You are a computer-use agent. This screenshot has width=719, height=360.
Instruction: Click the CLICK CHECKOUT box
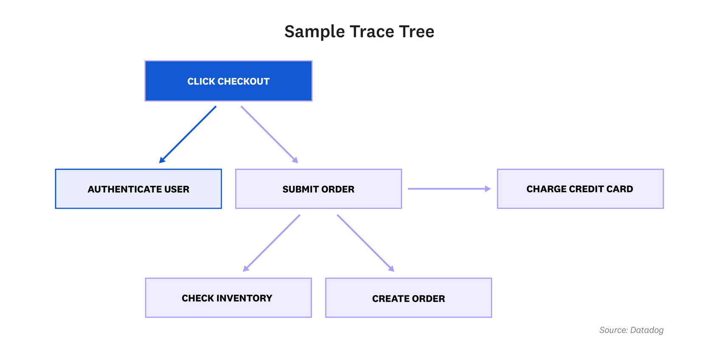228,81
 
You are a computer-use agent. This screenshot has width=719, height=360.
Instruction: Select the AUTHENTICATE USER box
138,189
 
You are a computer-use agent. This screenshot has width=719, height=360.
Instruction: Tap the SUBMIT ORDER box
318,189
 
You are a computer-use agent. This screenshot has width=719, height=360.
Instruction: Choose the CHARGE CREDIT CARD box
580,189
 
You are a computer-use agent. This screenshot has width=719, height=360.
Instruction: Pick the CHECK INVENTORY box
228,298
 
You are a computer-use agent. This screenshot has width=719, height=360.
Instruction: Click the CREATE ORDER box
408,298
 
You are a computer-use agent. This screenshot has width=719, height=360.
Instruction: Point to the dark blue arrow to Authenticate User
188,135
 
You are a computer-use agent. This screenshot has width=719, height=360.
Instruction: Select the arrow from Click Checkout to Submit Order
269,134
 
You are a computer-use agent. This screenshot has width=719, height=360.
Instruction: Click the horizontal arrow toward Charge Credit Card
446,189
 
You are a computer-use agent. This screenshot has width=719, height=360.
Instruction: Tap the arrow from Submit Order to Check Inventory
272,243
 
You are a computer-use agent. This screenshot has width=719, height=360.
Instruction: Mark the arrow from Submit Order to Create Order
365,242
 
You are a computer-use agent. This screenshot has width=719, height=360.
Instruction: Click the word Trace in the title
371,32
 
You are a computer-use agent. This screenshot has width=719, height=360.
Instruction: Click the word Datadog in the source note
647,330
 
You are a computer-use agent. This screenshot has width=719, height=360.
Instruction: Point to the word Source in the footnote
613,330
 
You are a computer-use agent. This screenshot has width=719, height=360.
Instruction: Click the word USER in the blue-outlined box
177,189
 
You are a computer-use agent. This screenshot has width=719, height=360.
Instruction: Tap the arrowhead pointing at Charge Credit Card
488,189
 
